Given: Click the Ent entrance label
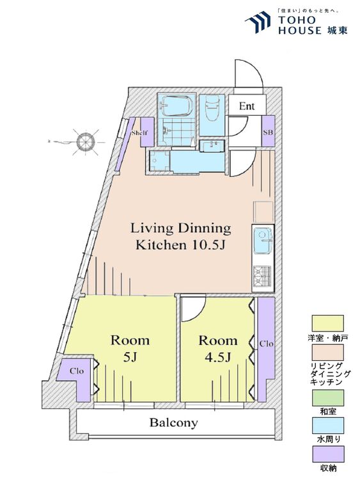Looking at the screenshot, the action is [x=247, y=106].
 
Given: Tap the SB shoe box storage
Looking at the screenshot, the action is [x=268, y=131].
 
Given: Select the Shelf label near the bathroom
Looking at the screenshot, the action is [x=140, y=133].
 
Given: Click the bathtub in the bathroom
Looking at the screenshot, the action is [x=176, y=106].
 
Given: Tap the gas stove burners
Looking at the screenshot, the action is [x=263, y=275].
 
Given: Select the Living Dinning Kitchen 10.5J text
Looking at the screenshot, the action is [x=181, y=236].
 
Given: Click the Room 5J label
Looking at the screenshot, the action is [x=130, y=348].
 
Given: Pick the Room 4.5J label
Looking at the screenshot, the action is [x=218, y=348].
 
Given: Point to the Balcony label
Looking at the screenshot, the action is [x=173, y=423].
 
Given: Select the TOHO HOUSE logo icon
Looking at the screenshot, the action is [x=258, y=22].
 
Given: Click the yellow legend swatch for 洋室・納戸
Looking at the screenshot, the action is [x=327, y=323].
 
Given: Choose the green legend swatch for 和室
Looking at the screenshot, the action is [x=327, y=397].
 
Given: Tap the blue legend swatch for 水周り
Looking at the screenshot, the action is [x=327, y=426].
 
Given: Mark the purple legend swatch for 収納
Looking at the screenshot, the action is [x=327, y=454].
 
